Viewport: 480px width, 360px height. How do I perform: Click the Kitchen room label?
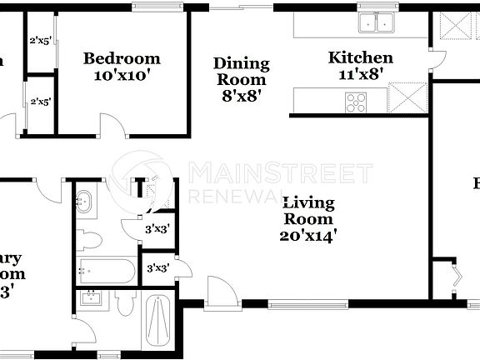tap(360, 57)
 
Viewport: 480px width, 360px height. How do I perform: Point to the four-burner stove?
tap(356, 102)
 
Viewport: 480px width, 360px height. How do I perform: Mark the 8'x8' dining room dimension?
tap(242, 95)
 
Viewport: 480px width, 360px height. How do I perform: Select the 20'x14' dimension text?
tap(308, 235)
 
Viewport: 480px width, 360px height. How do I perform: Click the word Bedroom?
tap(122, 58)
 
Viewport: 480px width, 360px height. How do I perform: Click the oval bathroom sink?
tap(86, 201)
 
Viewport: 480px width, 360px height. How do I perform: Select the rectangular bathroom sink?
tap(88, 298)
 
